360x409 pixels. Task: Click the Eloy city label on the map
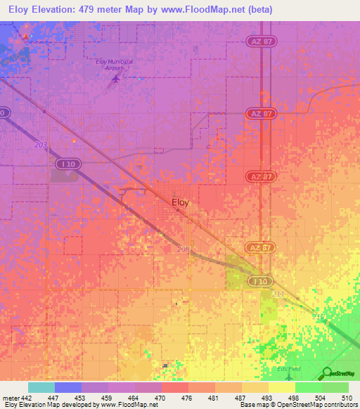point(181,202)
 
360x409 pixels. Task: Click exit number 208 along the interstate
point(184,249)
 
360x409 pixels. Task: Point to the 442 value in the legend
point(25,398)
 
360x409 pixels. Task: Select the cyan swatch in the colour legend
point(41,387)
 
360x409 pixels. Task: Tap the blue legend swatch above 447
point(68,387)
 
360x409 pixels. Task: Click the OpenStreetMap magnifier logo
point(328,373)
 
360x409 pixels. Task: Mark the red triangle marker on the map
point(27,35)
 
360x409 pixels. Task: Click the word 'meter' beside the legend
point(9,398)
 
